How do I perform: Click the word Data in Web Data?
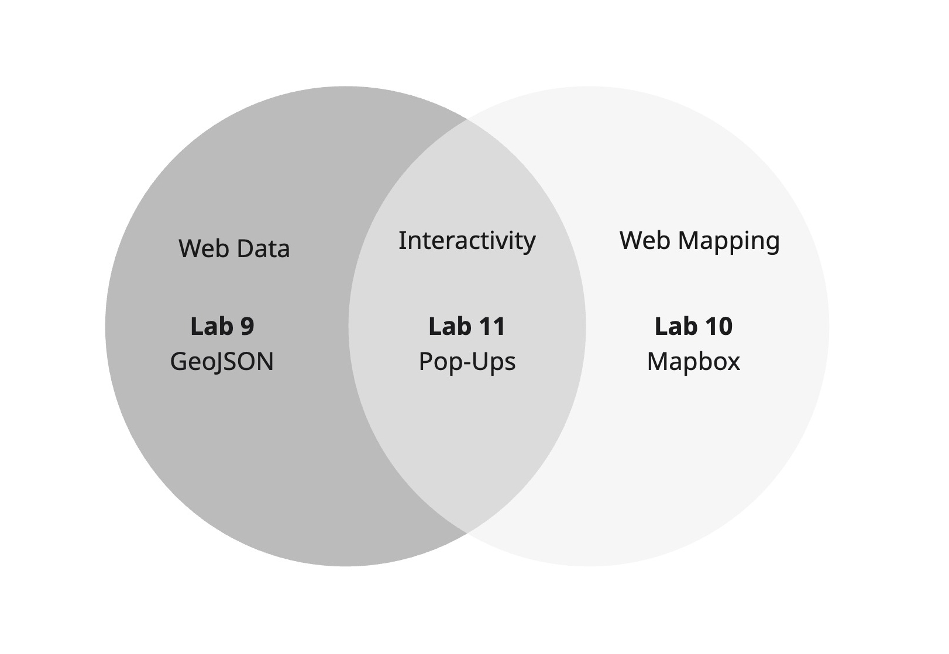point(264,249)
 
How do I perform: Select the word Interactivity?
point(467,241)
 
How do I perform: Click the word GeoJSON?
point(222,362)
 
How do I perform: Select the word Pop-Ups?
point(467,362)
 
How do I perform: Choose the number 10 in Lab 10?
point(717,326)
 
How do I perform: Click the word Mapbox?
point(693,362)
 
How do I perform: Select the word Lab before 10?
point(674,326)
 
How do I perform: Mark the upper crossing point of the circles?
point(467,120)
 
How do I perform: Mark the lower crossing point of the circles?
point(467,532)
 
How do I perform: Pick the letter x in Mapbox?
point(733,362)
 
